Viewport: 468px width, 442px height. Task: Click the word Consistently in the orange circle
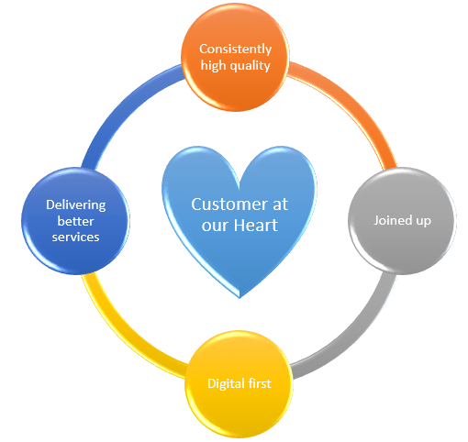[235, 50]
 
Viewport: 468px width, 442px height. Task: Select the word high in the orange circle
[213, 65]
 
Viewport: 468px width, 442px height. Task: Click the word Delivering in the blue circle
[75, 205]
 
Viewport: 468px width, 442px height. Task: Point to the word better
[75, 221]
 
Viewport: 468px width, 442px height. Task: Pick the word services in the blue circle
[75, 238]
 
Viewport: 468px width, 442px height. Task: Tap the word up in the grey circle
[423, 222]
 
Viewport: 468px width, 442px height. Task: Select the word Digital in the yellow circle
[226, 384]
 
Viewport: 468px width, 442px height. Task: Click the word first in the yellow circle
[260, 383]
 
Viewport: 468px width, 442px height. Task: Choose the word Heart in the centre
[256, 226]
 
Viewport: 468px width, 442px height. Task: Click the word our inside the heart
[216, 227]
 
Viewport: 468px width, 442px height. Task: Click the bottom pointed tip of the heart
[240, 297]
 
